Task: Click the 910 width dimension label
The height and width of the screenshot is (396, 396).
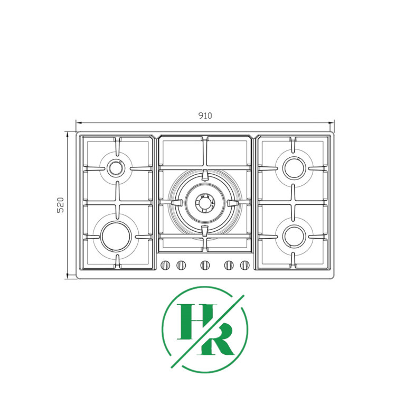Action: [205, 116]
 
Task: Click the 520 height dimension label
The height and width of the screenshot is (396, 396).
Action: [61, 205]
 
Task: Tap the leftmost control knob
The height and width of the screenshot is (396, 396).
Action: [165, 265]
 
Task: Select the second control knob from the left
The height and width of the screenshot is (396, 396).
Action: [181, 265]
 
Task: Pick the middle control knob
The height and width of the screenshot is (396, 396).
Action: [205, 265]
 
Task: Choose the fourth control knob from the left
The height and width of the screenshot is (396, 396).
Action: [229, 265]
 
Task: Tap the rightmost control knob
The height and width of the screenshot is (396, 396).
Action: [245, 265]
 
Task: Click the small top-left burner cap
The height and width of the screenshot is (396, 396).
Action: [116, 167]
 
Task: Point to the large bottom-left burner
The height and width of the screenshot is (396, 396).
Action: [116, 236]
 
